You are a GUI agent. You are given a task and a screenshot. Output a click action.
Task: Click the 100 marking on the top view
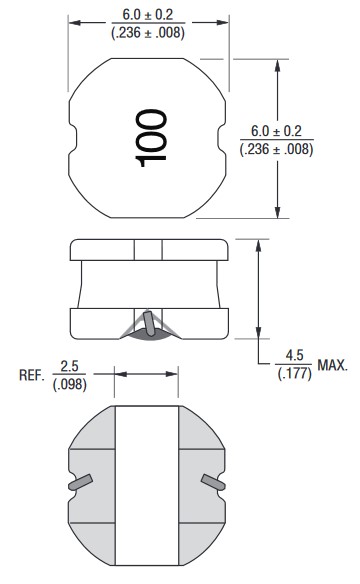151,138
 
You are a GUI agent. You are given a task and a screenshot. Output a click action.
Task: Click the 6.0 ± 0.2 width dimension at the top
148,15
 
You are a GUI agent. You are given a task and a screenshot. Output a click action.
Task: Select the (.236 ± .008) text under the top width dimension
148,33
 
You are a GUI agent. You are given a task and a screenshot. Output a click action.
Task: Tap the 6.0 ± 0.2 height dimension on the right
276,131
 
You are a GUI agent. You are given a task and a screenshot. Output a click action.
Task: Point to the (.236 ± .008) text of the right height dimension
276,149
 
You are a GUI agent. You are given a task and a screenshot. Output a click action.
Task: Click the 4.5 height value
294,355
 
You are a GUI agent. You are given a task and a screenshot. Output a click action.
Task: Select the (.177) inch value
294,373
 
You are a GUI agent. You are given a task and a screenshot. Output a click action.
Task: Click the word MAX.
332,365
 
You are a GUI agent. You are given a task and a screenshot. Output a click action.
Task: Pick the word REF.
31,375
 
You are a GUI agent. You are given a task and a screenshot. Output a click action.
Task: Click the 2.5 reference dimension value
70,366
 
